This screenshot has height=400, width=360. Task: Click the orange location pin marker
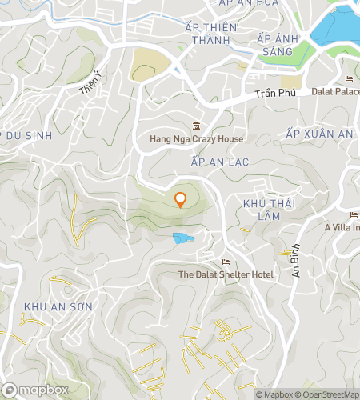pos(180,199)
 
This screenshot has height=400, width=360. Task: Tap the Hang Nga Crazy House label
pos(197,139)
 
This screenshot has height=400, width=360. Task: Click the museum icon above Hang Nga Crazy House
pos(197,126)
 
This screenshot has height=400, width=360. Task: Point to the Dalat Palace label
pos(336,90)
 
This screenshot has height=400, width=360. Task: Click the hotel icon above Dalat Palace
pos(348,78)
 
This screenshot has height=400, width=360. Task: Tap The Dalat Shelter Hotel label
pos(226,274)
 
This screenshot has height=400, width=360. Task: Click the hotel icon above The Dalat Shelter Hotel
pos(226,262)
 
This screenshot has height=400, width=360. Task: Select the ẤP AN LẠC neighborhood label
pos(220,162)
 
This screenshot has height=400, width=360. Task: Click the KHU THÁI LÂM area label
pos(265,210)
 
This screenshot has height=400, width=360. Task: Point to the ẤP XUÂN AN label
pos(319,134)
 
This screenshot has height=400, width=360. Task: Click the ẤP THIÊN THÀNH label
pos(210,34)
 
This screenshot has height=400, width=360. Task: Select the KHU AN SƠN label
pos(58,307)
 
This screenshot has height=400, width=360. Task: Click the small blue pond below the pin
pos(183,238)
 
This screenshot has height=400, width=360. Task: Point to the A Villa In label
pos(342,226)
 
